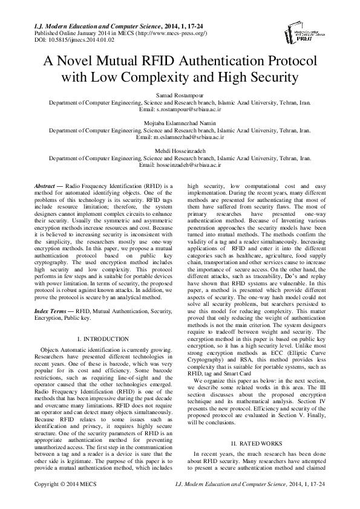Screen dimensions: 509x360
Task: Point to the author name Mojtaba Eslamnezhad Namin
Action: coord(180,122)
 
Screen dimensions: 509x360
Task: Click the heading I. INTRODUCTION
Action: coord(103,339)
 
